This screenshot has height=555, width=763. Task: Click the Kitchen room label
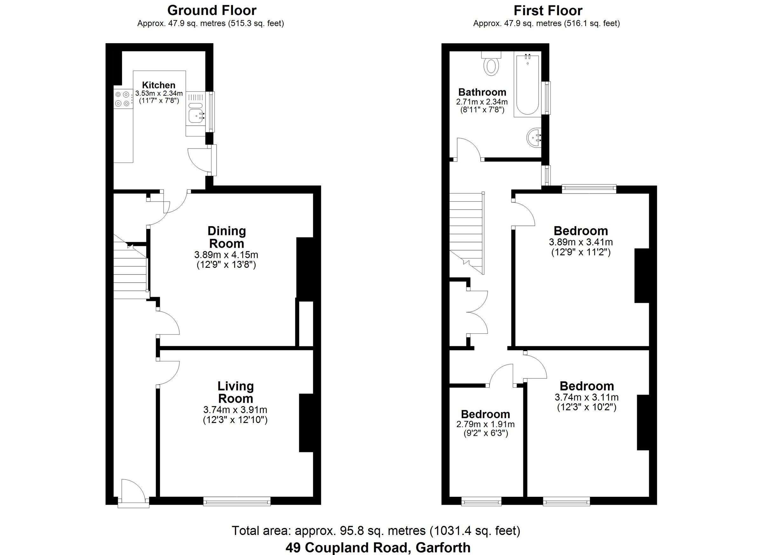pyautogui.click(x=158, y=85)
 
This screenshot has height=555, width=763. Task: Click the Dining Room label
pyautogui.click(x=226, y=237)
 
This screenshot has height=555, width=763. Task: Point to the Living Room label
pyautogui.click(x=236, y=392)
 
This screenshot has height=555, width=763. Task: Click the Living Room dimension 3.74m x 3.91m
pyautogui.click(x=235, y=410)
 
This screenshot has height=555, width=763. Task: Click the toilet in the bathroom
pyautogui.click(x=491, y=66)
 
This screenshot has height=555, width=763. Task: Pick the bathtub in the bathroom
pyautogui.click(x=527, y=86)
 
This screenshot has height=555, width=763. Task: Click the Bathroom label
pyautogui.click(x=482, y=92)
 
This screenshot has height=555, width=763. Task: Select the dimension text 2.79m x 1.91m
pyautogui.click(x=485, y=424)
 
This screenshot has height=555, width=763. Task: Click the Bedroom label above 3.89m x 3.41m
pyautogui.click(x=581, y=231)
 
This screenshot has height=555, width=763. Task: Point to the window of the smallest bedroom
pyautogui.click(x=481, y=502)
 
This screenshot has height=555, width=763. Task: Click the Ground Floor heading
pyautogui.click(x=212, y=10)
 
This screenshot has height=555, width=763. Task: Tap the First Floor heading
pyautogui.click(x=548, y=11)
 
